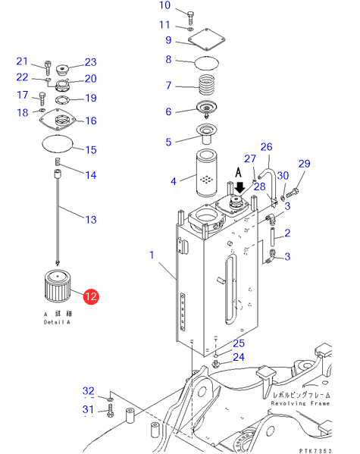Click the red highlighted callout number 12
click(x=91, y=296)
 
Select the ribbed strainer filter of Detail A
click(x=58, y=286)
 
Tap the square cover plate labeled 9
click(x=206, y=39)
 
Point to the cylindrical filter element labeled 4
click(x=206, y=173)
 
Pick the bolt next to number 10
click(x=190, y=17)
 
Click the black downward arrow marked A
click(x=239, y=187)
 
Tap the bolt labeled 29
click(x=293, y=193)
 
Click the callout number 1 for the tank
click(x=152, y=255)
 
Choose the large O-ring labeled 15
click(x=57, y=143)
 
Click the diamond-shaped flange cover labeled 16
click(x=58, y=120)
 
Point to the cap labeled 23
click(x=62, y=70)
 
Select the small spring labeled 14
click(x=58, y=161)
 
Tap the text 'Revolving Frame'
click(x=300, y=403)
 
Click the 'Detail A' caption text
click(x=57, y=322)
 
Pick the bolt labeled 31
click(x=111, y=411)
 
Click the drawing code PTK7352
click(x=315, y=450)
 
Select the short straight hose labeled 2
click(x=273, y=236)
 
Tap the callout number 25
click(x=239, y=343)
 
